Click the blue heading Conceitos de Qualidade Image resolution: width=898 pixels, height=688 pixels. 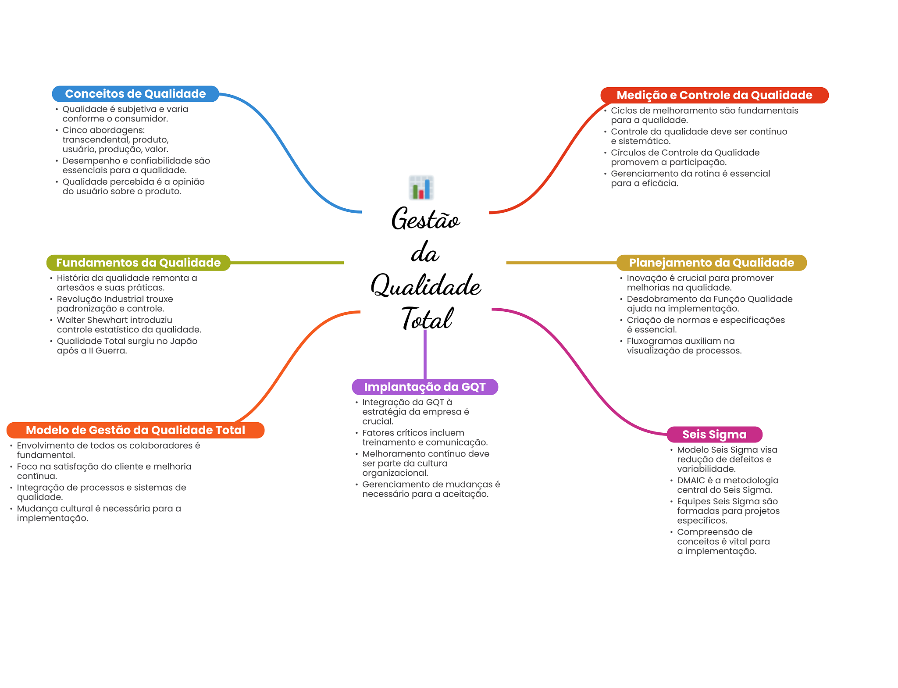pyautogui.click(x=135, y=94)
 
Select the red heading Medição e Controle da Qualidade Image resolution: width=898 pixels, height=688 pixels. pyautogui.click(x=714, y=95)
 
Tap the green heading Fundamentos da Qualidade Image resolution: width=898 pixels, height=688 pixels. pyautogui.click(x=138, y=263)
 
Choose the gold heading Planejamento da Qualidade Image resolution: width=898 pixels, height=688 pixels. pyautogui.click(x=711, y=263)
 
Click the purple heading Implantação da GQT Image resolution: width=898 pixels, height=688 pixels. pyautogui.click(x=424, y=387)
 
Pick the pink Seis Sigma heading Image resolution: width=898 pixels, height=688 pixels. pyautogui.click(x=714, y=434)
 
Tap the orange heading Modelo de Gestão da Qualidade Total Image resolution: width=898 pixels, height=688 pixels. pyautogui.click(x=135, y=430)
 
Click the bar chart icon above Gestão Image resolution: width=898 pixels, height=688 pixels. pyautogui.click(x=421, y=188)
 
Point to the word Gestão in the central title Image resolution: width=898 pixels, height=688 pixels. pyautogui.click(x=425, y=219)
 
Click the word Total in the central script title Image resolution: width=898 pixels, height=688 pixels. pyautogui.click(x=427, y=319)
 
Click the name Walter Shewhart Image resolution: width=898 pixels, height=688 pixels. pyautogui.click(x=93, y=320)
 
